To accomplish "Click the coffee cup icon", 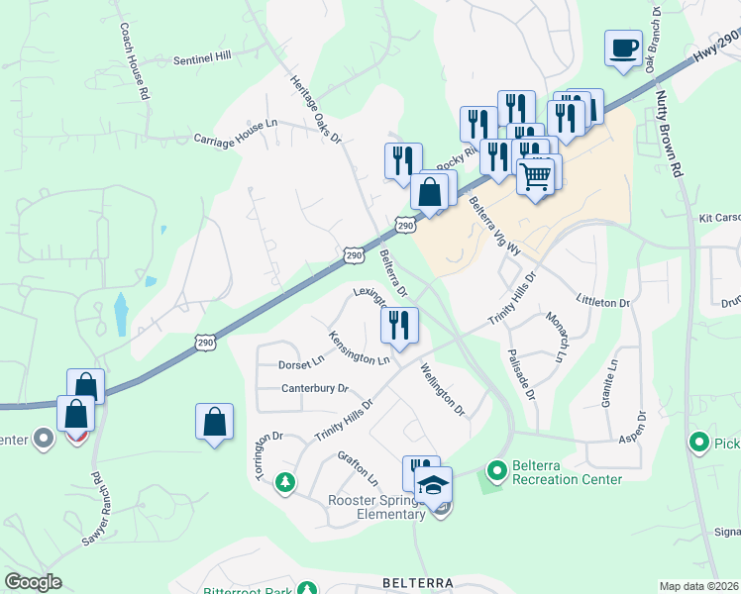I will pyautogui.click(x=623, y=49).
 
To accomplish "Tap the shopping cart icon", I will pyautogui.click(x=536, y=177).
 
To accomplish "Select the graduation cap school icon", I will pyautogui.click(x=434, y=486).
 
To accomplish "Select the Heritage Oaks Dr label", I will pyautogui.click(x=315, y=109).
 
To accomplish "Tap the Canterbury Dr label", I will pyautogui.click(x=315, y=388).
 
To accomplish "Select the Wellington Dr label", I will pyautogui.click(x=442, y=389).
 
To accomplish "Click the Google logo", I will pyautogui.click(x=33, y=582).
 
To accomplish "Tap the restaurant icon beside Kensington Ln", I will pyautogui.click(x=400, y=325).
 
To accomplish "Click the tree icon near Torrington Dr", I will pyautogui.click(x=285, y=482).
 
